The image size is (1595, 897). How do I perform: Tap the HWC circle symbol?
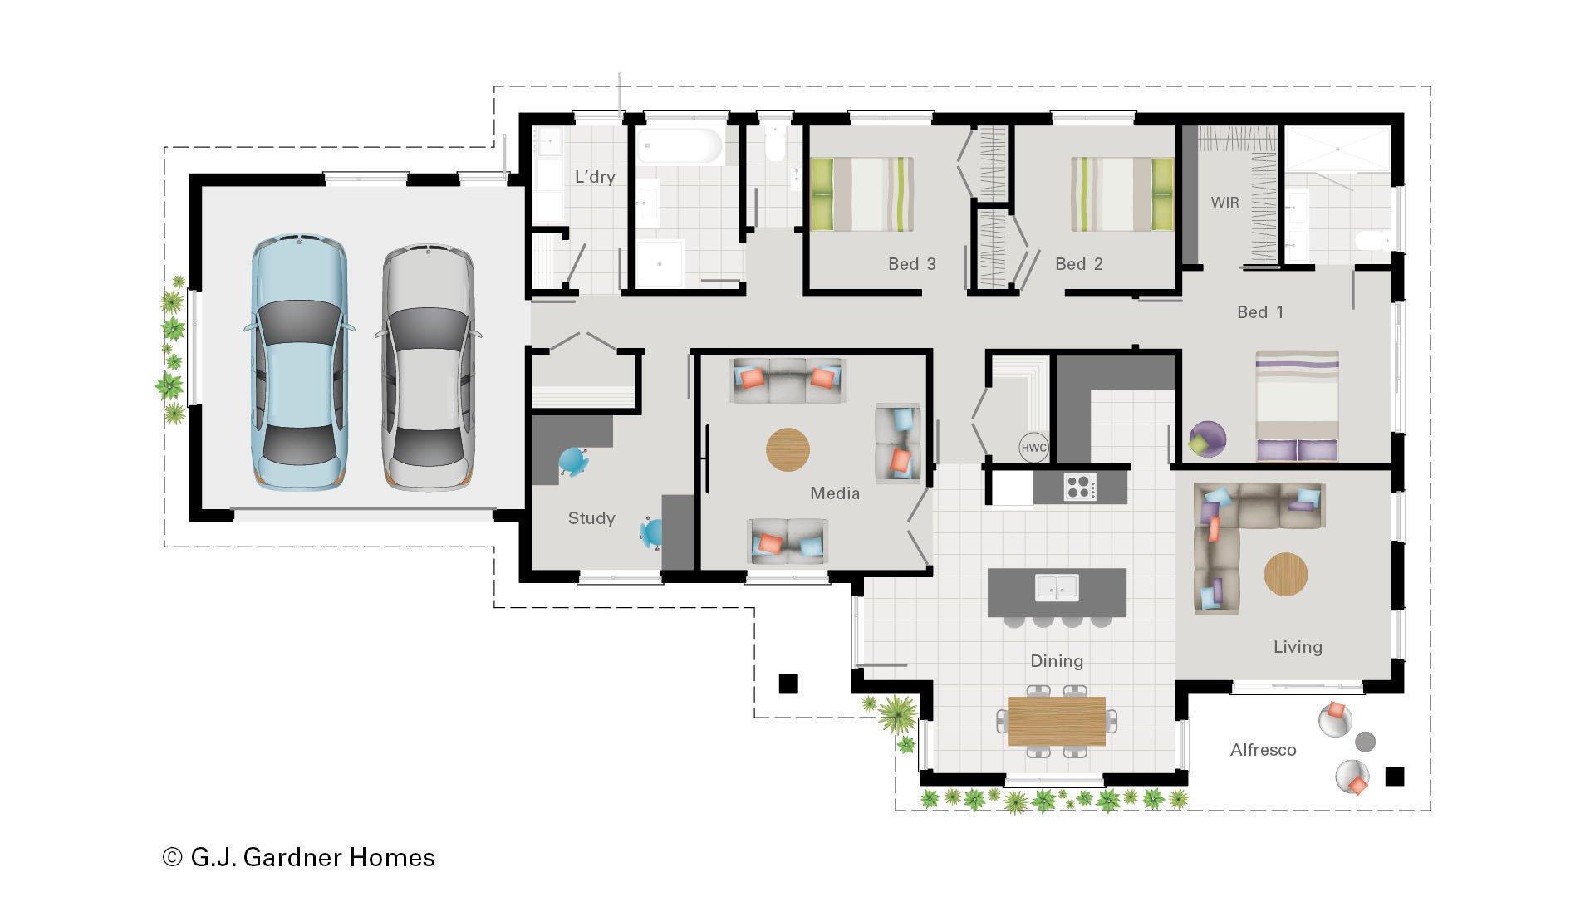pos(1033,448)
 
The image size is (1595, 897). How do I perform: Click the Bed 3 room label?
pos(911,264)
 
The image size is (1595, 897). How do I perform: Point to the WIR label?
pos(1224,203)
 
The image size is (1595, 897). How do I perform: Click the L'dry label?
pos(595,177)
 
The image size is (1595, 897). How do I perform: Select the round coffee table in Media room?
pos(787,450)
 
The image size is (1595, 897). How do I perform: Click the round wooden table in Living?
pos(1285,574)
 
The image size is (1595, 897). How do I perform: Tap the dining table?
pos(1056,721)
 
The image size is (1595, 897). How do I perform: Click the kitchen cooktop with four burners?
pos(1080,487)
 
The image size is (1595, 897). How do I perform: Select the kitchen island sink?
pos(1057,587)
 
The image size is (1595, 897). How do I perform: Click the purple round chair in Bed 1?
pos(1206,439)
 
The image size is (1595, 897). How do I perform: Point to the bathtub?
pos(680,147)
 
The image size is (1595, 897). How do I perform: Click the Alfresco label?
pos(1263,750)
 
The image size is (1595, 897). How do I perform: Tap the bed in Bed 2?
pos(1121,194)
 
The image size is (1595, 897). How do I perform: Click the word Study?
pos(591,518)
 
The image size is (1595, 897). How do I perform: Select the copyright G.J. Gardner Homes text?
pos(299,857)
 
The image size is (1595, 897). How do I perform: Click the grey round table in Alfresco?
pos(1365,741)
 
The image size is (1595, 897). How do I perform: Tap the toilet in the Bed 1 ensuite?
pos(1371,241)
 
